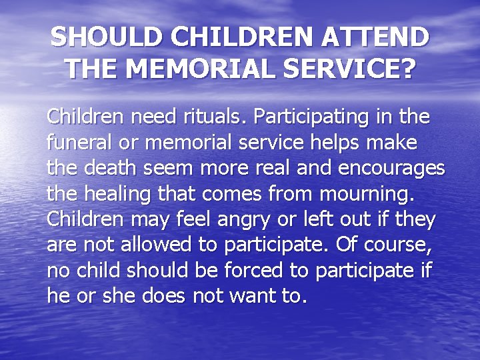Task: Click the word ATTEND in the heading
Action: point(376,37)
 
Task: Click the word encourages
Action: point(392,169)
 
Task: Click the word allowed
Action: point(157,244)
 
